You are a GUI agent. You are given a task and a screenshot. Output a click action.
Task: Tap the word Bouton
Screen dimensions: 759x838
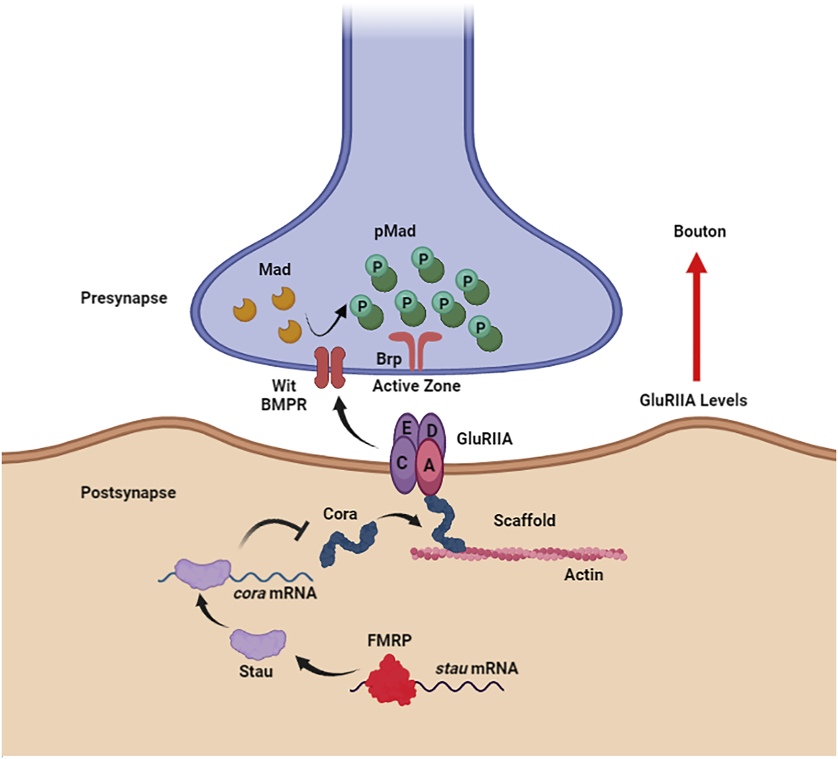coord(699,232)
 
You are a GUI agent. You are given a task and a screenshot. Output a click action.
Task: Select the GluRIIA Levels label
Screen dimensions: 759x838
coord(693,400)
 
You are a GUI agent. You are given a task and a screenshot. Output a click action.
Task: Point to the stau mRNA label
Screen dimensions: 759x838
coord(477,669)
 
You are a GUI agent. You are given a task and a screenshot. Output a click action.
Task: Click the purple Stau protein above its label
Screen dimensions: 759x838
coord(258,643)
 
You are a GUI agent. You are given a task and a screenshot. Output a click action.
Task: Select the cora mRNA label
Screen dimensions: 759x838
coord(275,593)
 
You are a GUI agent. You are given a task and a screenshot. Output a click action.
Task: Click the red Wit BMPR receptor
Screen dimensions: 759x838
coord(330,367)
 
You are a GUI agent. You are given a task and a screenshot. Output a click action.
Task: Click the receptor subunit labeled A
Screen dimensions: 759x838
coord(429,466)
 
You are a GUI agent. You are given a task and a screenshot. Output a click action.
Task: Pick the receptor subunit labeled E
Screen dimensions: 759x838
coord(406,430)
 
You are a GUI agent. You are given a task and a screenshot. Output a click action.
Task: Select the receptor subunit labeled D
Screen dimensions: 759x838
coord(431,430)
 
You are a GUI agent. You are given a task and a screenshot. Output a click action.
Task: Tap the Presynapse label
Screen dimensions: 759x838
coord(124,298)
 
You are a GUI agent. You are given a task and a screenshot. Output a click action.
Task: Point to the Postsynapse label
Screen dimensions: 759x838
coord(128,492)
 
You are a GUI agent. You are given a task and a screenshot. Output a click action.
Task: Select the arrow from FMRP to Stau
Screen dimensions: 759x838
coord(327,667)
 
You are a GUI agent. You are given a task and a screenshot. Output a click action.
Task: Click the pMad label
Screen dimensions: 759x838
coord(395,231)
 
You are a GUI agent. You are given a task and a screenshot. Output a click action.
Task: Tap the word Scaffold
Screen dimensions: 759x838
coord(524,521)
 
